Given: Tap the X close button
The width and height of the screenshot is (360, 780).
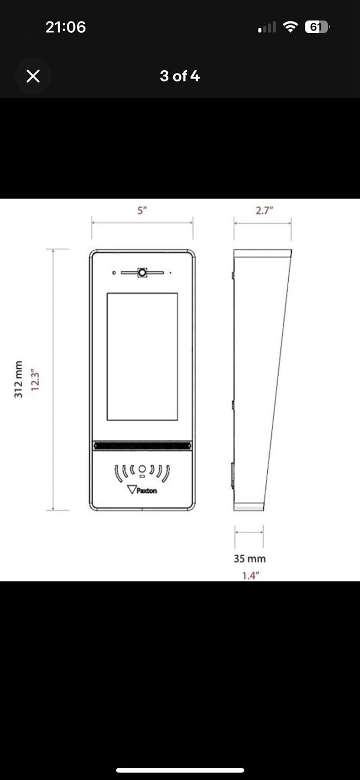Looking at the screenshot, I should pos(33,76).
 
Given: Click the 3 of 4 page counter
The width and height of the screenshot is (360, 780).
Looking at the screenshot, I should pos(180,76).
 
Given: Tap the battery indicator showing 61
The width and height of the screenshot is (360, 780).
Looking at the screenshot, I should pos(317,27).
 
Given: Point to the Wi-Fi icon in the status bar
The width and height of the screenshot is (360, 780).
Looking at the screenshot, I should pos(290,27).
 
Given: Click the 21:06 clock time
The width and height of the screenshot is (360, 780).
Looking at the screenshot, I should pos(65,27).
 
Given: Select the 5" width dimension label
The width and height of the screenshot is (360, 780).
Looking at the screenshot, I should pos(142,211).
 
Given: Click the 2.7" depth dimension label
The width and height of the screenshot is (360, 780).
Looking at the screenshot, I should pos(264,211).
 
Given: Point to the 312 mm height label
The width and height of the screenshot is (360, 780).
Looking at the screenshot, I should pos(19,380).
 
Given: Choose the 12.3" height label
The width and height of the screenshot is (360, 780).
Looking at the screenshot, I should pos(35,380).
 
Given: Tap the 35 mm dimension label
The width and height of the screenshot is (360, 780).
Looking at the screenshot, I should pos(249,559).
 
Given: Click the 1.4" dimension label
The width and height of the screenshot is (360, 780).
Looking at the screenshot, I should pos(250,576).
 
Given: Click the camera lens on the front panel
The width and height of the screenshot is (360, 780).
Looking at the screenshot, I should pos(142,273).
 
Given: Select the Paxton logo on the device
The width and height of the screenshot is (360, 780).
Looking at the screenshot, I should pos(142,490).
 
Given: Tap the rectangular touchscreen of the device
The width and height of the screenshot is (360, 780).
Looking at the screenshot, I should pos(142,356).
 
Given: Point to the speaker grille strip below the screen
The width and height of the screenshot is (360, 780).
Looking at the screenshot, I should pos(142,446).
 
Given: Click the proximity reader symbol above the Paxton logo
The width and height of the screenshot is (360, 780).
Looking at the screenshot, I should pos(142,471).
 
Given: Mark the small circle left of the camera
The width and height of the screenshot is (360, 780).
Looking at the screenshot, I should pos(114,273).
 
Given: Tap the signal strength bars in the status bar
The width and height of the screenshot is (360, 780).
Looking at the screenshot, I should pos(267,28).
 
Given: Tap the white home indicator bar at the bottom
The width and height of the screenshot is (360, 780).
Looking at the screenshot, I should pos(180,770).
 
